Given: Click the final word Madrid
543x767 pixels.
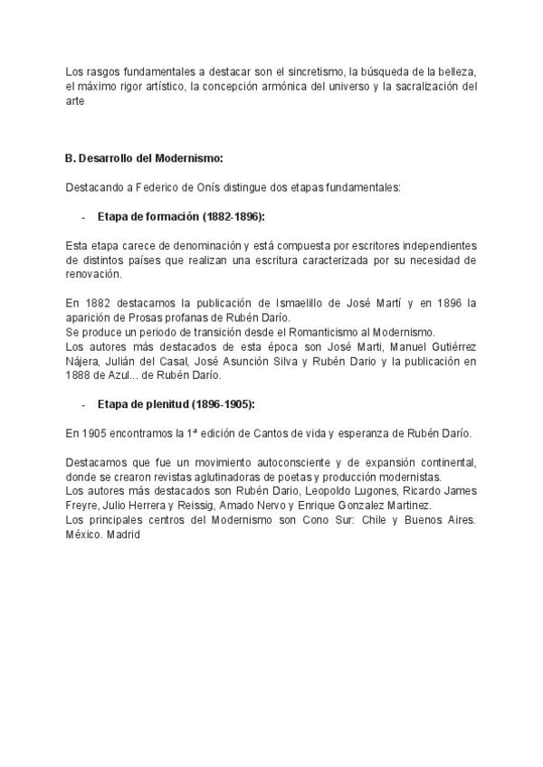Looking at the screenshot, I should tap(124, 535).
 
